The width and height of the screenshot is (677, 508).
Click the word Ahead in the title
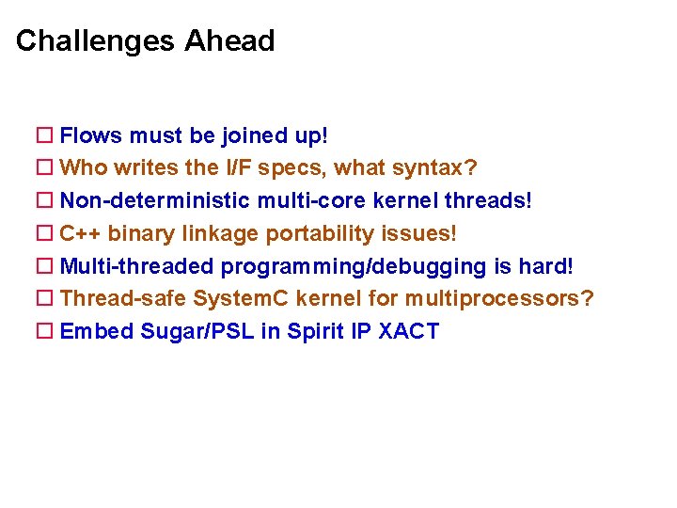pos(229,41)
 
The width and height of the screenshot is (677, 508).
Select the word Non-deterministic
pos(155,201)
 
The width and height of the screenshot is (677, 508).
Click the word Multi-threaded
pos(137,266)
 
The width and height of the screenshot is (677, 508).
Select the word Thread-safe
pos(123,299)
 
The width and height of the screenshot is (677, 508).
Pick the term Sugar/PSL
pos(197,331)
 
